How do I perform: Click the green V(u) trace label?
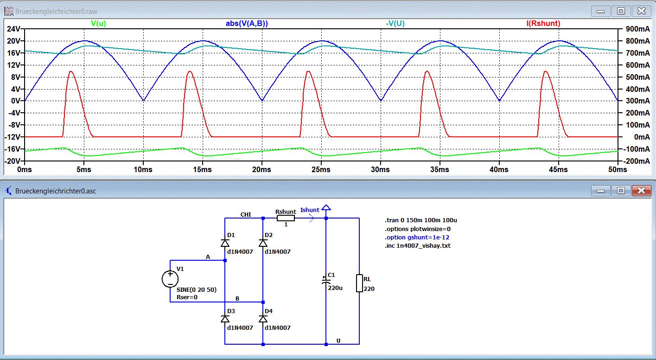pos(98,24)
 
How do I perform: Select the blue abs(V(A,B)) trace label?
pos(247,24)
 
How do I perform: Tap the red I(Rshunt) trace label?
pos(543,24)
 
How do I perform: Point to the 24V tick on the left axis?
pos(13,29)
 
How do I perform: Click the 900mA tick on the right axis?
pos(637,29)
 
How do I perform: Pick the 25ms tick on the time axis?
pos(321,169)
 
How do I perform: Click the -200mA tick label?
pos(636,161)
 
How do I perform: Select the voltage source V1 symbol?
pos(170,278)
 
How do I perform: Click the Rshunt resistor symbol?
pos(286,218)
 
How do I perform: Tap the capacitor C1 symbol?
pos(326,281)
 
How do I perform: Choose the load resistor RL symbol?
pos(359,283)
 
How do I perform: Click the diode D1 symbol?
pos(225,243)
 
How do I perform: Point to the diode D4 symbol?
pos(263,319)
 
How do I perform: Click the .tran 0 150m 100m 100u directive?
pos(421,220)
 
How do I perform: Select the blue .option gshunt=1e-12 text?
pos(417,237)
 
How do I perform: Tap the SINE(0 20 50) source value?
pos(197,289)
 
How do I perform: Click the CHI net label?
pos(246,215)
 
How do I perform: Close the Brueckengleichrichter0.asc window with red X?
pos(641,191)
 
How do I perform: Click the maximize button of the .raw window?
pos(621,11)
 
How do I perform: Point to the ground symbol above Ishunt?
pos(326,207)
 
